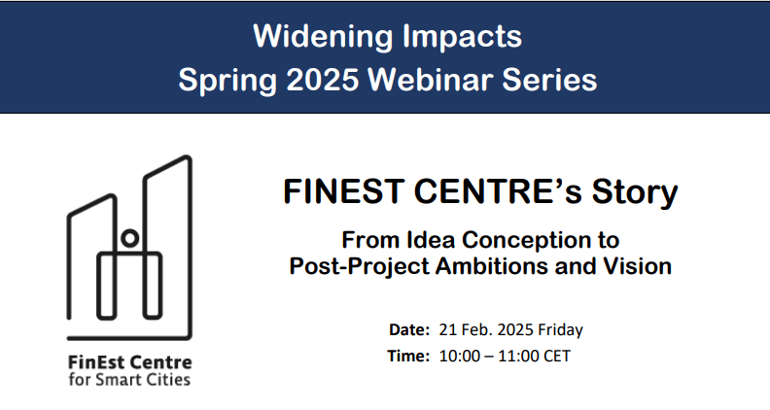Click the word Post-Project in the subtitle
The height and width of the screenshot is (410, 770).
(353, 265)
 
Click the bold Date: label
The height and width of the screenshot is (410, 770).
(408, 329)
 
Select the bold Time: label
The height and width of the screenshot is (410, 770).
(408, 356)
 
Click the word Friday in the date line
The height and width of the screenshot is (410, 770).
(558, 329)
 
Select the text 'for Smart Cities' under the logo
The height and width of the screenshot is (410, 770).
(129, 379)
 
